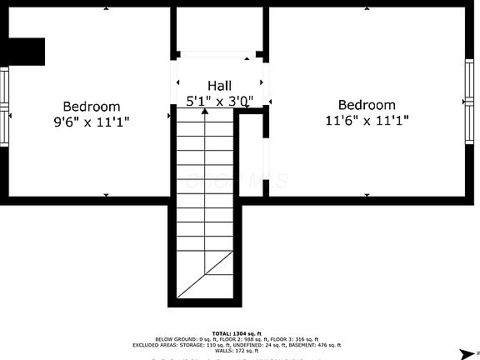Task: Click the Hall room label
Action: coord(220,86)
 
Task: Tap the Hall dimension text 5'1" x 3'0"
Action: coord(220,101)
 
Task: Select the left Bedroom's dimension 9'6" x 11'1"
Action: coord(92,121)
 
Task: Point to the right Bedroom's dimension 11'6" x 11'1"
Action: coord(367,119)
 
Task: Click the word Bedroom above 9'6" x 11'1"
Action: coord(92,107)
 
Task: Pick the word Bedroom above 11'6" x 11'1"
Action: coord(367,105)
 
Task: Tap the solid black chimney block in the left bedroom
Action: coord(22,52)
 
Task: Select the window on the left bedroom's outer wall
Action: coord(3,106)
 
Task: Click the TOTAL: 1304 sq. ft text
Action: coord(237,332)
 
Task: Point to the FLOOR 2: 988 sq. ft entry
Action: coord(232,339)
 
